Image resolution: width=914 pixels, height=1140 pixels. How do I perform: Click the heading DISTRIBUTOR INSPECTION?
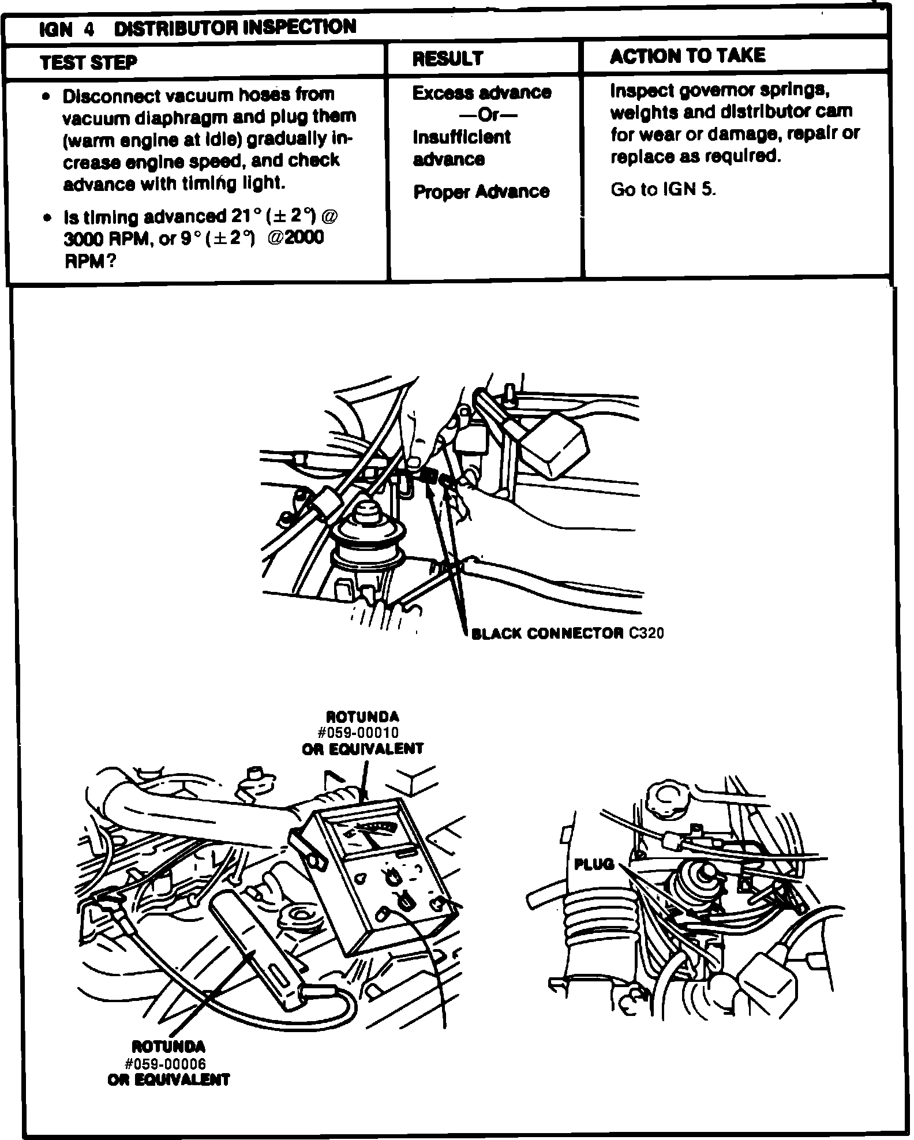point(235,27)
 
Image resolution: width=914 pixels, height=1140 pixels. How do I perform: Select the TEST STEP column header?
point(88,62)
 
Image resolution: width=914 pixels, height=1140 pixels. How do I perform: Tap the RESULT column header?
point(448,58)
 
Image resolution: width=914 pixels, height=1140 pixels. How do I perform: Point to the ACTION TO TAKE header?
point(687,55)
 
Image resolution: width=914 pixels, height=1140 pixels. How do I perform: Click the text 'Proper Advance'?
point(481,192)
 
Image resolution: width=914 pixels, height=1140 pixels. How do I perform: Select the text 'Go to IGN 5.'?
point(663,190)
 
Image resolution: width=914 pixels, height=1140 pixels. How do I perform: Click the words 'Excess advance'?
point(481,93)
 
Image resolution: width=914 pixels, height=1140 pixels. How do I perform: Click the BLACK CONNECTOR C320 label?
point(567,633)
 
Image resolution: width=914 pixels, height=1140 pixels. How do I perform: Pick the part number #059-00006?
point(168,1063)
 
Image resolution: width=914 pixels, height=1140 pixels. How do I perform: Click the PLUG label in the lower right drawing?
point(594,864)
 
